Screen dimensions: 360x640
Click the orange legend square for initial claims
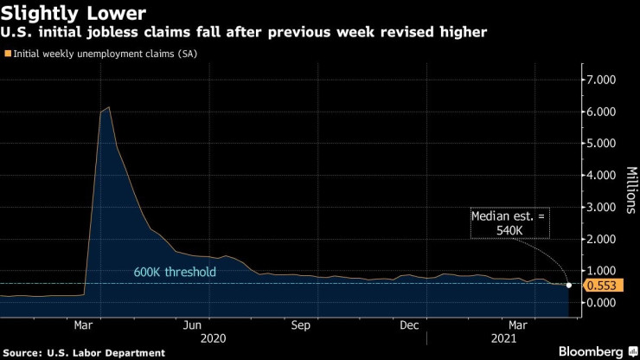[x=8, y=55]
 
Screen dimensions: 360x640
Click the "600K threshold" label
[x=175, y=273]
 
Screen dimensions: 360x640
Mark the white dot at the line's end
[x=568, y=285]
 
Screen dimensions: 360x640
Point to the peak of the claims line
[x=108, y=107]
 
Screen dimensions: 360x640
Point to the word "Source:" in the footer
[x=26, y=352]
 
